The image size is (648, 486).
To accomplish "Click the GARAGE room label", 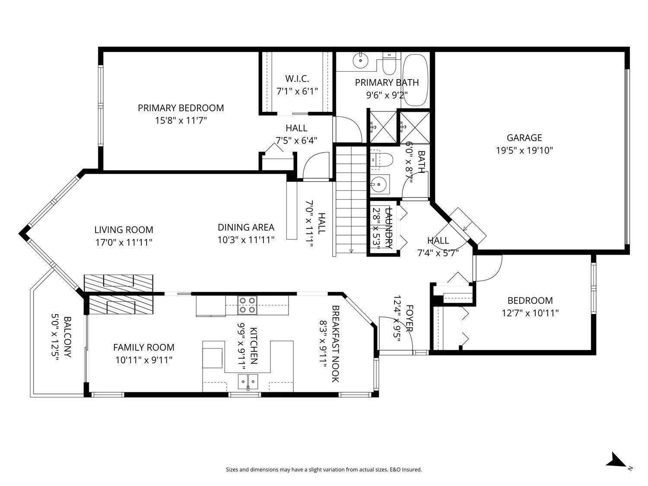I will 524,138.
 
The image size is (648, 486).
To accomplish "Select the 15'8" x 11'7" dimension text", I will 181,121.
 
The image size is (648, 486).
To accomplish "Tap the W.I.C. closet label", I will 297,79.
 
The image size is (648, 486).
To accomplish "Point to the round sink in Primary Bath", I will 359,61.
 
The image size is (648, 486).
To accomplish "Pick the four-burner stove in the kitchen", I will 248,305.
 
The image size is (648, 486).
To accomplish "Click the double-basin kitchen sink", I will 248,381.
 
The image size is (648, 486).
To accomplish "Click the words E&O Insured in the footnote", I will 406,470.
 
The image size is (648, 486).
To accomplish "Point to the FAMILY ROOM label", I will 144,347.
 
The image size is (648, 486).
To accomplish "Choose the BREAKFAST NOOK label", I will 335,344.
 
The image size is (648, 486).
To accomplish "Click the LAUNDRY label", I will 388,228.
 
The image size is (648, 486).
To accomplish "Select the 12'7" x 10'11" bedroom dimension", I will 530,313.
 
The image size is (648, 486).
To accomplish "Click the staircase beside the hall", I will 350,200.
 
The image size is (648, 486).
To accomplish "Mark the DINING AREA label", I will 246,227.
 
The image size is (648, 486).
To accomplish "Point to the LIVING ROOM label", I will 124,230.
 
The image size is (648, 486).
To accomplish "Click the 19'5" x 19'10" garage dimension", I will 524,150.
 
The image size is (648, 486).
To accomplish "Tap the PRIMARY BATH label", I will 387,83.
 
